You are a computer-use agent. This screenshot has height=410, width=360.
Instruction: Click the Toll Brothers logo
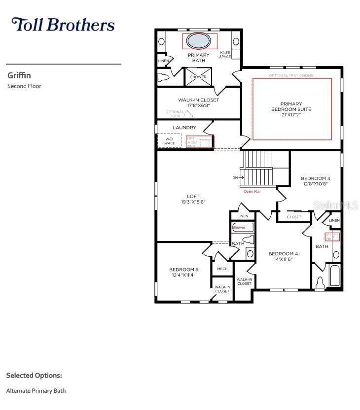[63, 25]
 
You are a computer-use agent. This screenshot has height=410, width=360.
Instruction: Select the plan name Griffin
[19, 75]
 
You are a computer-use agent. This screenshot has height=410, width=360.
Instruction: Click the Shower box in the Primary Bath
[198, 77]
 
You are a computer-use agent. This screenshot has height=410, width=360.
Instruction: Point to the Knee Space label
[225, 54]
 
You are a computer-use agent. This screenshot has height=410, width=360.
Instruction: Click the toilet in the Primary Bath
[164, 77]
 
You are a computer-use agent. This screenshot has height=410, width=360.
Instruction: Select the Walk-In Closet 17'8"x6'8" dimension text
[198, 105]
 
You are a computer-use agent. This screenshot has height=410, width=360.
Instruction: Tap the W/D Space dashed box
[169, 141]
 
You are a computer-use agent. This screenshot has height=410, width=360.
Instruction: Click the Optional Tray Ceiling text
[291, 75]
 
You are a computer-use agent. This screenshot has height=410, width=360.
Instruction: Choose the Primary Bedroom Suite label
[291, 109]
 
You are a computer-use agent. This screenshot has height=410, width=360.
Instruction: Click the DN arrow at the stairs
[237, 177]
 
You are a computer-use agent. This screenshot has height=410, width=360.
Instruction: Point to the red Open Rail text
[252, 191]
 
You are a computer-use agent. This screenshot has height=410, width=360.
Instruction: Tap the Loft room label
[193, 196]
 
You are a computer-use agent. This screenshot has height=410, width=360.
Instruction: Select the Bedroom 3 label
[316, 178]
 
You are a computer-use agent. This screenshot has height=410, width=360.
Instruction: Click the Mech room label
[222, 269]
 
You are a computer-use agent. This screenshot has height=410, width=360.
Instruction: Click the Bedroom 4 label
[283, 254]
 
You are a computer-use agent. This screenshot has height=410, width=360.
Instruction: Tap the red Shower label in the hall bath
[239, 227]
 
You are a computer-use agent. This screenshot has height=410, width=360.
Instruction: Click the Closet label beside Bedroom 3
[294, 217]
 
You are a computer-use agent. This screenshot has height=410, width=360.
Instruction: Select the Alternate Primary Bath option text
[36, 391]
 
